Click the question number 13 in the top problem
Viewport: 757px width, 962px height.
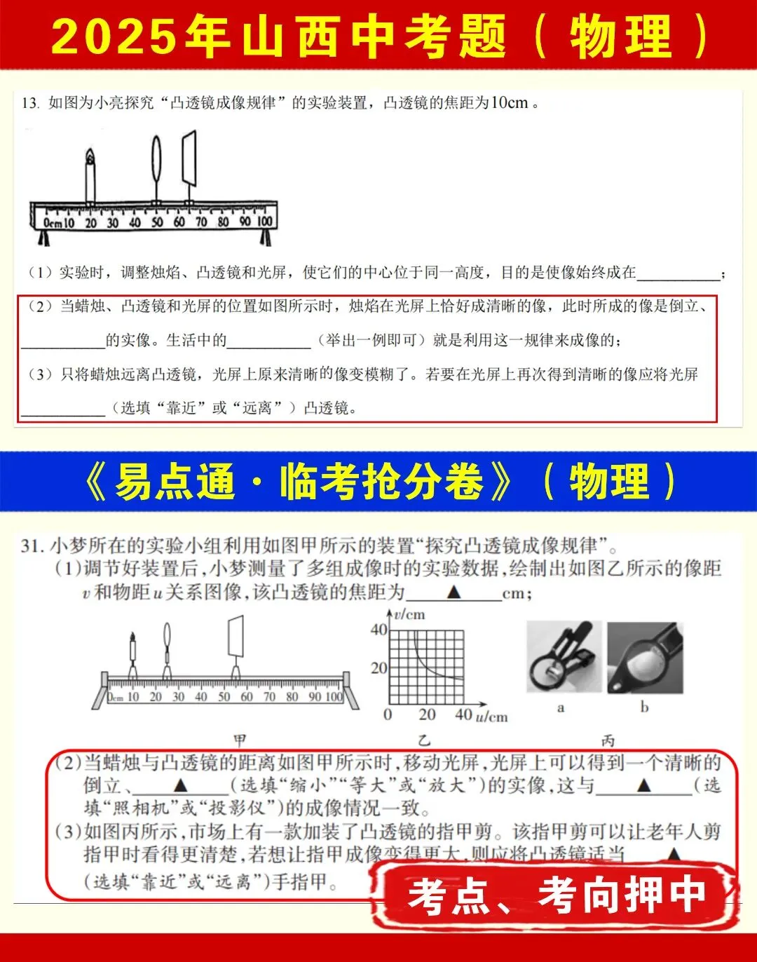click(29, 103)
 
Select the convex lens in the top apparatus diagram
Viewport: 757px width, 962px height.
click(156, 161)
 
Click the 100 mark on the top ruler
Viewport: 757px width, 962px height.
click(264, 222)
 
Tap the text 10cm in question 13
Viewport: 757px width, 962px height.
click(508, 103)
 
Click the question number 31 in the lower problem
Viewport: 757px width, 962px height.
click(32, 546)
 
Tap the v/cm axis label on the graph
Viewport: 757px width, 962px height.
click(409, 614)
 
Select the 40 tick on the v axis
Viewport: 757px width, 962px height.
click(378, 630)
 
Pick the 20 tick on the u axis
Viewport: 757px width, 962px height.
click(426, 714)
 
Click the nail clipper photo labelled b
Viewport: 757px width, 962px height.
click(645, 657)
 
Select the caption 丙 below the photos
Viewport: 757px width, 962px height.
click(607, 740)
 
